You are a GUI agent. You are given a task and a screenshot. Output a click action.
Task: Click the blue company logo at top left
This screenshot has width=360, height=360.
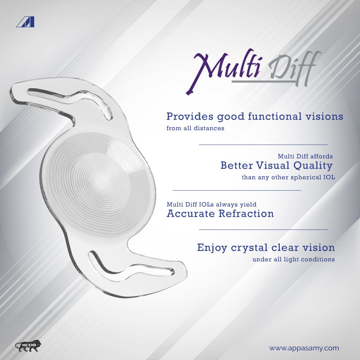(25, 22)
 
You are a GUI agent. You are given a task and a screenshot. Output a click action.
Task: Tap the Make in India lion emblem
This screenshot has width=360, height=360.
(28, 346)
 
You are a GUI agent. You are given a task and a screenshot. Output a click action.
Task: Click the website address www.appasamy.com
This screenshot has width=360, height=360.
(304, 348)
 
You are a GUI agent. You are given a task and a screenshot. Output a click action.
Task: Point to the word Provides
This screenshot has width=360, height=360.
(190, 116)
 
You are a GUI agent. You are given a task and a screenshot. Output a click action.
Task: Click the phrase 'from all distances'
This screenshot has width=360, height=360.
(195, 128)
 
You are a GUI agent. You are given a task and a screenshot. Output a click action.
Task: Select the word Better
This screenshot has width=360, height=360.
(237, 165)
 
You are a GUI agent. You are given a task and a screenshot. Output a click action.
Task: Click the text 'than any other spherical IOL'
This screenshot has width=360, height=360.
(288, 177)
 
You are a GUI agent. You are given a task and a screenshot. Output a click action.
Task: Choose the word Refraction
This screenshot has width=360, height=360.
(246, 213)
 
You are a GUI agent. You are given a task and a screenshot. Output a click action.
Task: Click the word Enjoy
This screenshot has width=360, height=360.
(212, 248)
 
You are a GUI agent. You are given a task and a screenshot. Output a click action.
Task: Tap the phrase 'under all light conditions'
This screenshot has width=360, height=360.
(293, 260)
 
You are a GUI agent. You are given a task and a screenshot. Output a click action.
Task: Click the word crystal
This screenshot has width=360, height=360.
(249, 248)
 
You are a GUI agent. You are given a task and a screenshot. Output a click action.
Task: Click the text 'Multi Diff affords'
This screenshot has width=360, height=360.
(305, 156)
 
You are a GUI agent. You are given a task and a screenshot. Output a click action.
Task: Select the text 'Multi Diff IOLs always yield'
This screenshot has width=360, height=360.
(211, 204)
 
